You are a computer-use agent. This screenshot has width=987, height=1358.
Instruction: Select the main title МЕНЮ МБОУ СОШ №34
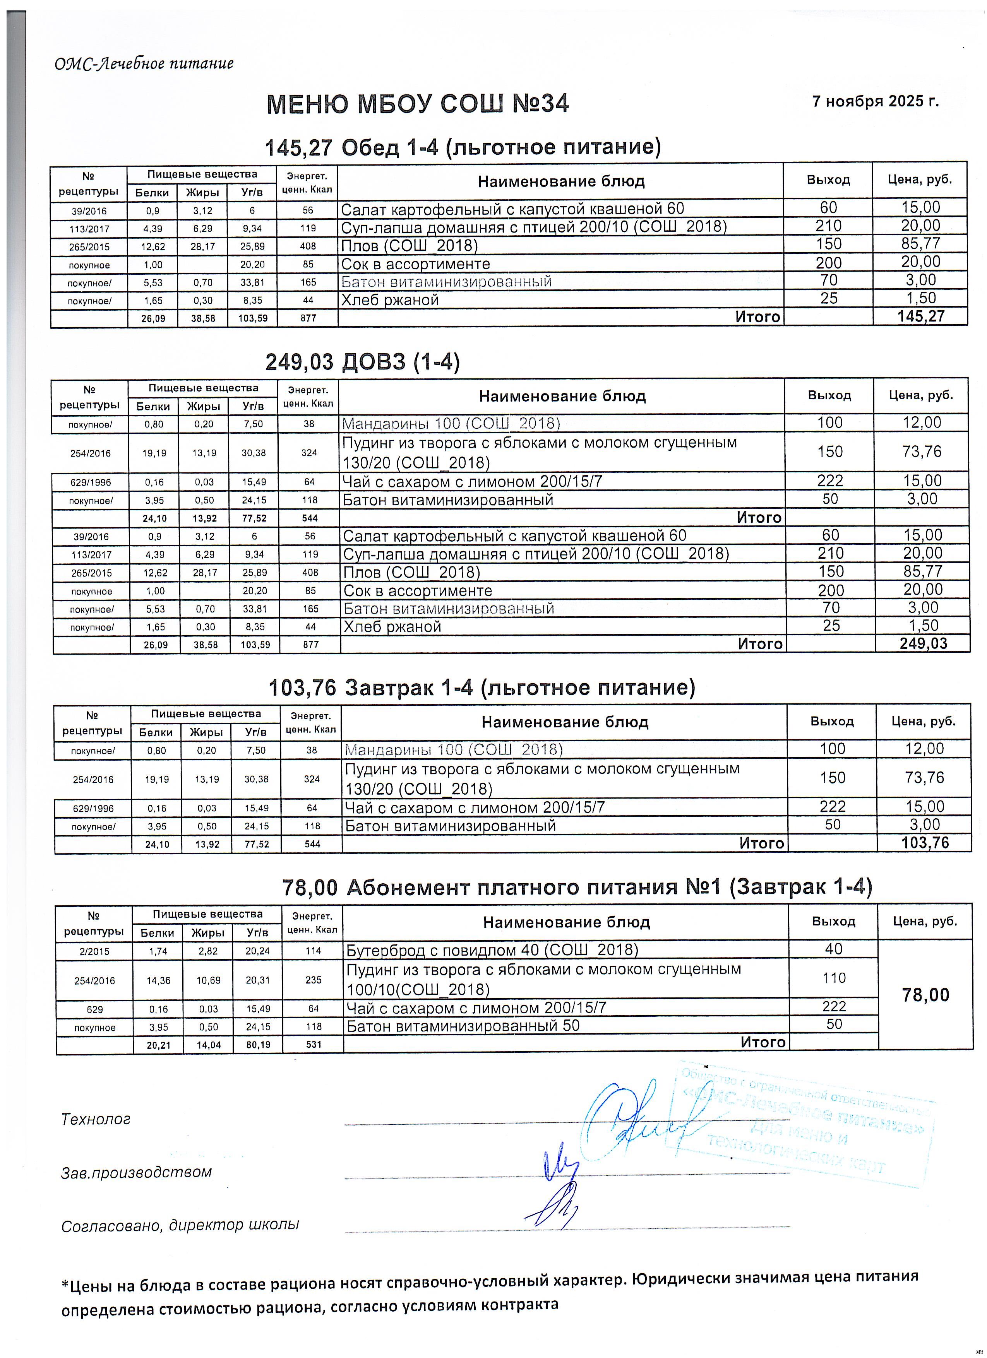pyautogui.click(x=417, y=104)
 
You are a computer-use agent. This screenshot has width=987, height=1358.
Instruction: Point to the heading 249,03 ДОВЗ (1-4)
pyautogui.click(x=362, y=362)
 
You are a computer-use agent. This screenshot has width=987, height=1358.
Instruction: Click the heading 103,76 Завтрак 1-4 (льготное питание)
pyautogui.click(x=482, y=688)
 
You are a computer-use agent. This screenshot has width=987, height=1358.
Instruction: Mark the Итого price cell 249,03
pyautogui.click(x=922, y=644)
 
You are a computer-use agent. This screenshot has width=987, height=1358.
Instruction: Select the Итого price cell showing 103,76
pyautogui.click(x=925, y=843)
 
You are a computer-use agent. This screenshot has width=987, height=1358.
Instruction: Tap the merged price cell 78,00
pyautogui.click(x=925, y=995)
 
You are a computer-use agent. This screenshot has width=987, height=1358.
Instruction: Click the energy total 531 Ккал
pyautogui.click(x=313, y=1044)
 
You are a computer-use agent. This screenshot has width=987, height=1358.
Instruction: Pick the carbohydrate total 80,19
pyautogui.click(x=258, y=1044)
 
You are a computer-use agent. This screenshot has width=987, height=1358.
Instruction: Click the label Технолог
pyautogui.click(x=96, y=1119)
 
